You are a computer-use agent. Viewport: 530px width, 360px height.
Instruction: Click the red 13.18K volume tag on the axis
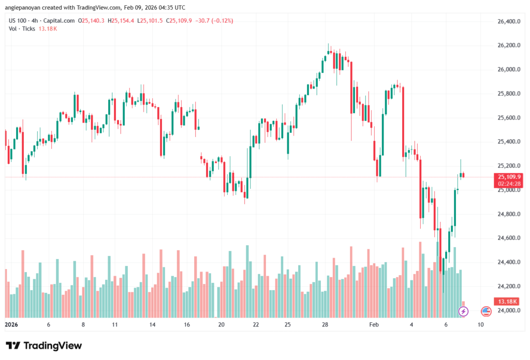503,301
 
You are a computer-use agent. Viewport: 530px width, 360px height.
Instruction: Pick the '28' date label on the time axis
326,325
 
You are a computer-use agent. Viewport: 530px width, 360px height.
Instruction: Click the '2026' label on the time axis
11,325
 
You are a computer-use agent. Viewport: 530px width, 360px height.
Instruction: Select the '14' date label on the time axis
153,325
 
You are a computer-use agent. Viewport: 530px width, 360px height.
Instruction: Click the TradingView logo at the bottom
44,346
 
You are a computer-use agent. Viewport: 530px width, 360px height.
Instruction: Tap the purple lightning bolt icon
464,311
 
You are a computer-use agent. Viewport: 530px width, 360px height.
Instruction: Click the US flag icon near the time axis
485,311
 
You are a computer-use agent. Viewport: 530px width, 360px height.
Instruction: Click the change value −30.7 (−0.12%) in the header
214,21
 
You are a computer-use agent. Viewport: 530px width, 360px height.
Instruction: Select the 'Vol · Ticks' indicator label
22,28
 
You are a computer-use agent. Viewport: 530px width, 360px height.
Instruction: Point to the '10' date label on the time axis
480,325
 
